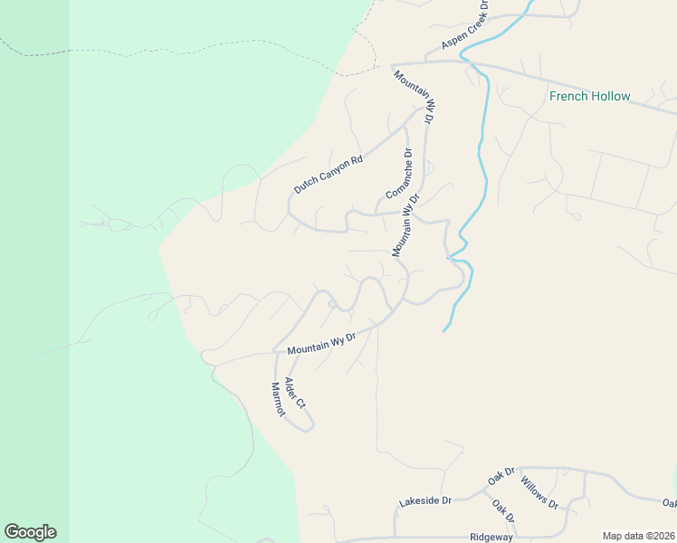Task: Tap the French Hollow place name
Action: [x=589, y=96]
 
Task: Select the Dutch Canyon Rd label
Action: [x=328, y=175]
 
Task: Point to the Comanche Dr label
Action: [x=399, y=174]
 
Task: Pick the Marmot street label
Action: [x=278, y=399]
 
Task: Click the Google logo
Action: [x=30, y=532]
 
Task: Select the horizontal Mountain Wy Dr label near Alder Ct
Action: [x=323, y=343]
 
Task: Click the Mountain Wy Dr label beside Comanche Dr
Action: [x=406, y=224]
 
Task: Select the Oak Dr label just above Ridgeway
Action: [x=503, y=511]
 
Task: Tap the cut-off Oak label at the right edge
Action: [x=669, y=503]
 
